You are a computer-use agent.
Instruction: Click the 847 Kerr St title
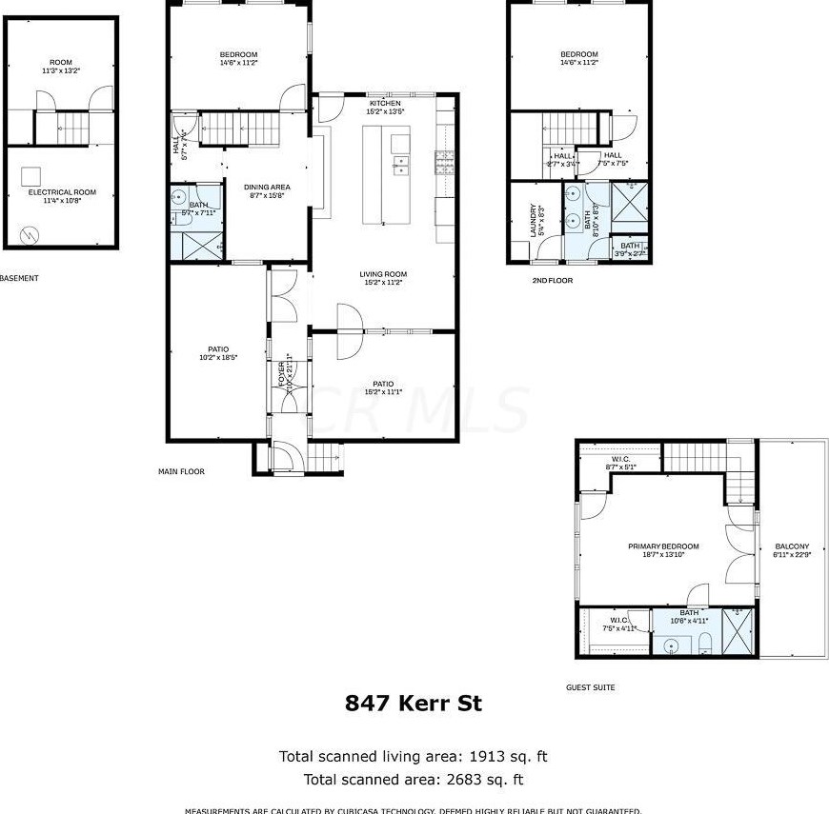[x=413, y=704]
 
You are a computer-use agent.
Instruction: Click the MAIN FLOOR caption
[x=181, y=471]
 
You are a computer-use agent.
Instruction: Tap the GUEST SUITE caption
[x=591, y=687]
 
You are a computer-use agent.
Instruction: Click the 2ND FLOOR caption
[x=553, y=281]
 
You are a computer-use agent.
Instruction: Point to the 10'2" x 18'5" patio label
[x=218, y=353]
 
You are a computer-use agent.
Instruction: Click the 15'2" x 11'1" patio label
[x=383, y=387]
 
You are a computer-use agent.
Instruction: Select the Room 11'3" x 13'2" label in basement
[x=61, y=67]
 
